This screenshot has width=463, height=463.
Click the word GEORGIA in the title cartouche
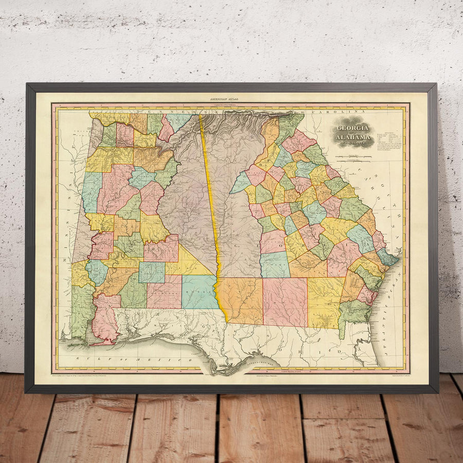(352, 128)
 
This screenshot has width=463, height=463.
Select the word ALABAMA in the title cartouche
(353, 137)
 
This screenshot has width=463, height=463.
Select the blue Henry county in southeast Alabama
(199, 292)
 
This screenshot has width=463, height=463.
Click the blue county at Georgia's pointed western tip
(241, 183)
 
